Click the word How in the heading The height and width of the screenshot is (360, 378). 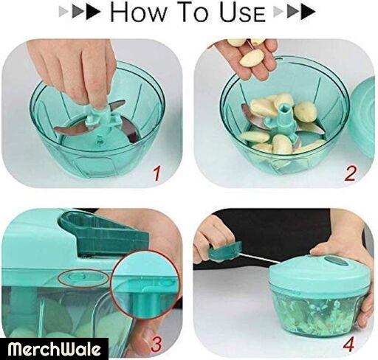138,13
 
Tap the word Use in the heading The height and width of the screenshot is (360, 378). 242,13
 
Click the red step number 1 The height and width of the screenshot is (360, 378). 157,173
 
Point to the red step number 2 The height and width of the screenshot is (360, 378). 350,173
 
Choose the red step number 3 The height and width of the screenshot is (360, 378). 157,345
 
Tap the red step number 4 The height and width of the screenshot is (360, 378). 348,345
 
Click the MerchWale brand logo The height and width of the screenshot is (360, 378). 54,349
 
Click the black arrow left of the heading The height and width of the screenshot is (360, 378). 93,12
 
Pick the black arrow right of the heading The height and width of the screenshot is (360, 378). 308,12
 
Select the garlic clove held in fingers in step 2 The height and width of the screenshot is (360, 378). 250,58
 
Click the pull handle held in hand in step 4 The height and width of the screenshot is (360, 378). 224,252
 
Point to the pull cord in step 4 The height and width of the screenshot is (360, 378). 261,257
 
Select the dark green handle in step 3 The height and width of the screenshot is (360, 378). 105,233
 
